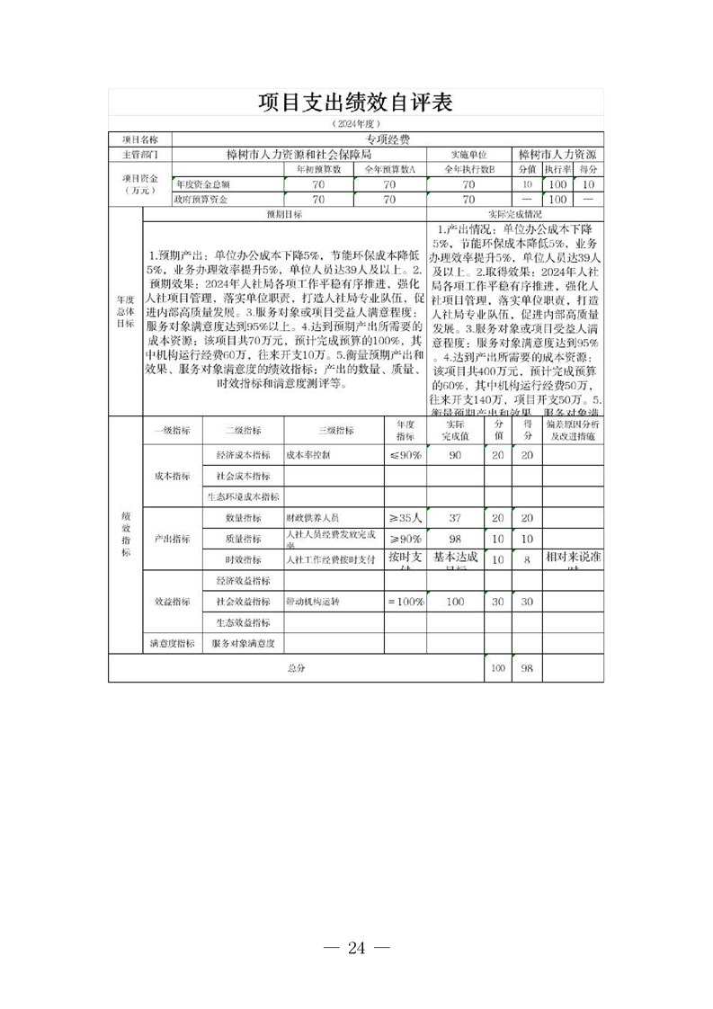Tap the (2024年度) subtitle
point(356,123)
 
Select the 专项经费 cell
point(388,139)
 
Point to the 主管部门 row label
point(139,154)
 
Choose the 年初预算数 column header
point(318,168)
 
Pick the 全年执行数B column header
point(468,168)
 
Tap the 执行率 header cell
point(557,168)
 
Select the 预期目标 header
point(283,215)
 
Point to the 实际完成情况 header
point(513,215)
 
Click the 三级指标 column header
point(333,430)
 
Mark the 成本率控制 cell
point(307,455)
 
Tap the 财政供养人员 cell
point(312,518)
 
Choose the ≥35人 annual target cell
point(405,518)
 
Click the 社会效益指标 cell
point(243,601)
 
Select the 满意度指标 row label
point(173,643)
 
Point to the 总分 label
point(297,668)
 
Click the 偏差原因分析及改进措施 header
point(573,429)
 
